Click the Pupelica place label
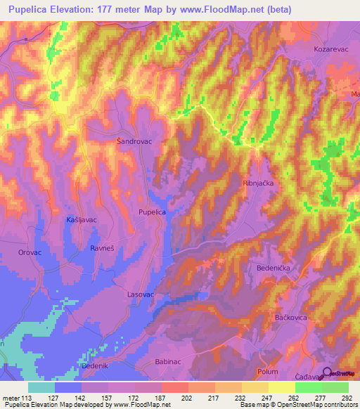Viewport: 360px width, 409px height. pos(152,211)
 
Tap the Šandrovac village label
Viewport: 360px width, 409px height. pos(134,141)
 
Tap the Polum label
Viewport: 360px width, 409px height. pos(268,371)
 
